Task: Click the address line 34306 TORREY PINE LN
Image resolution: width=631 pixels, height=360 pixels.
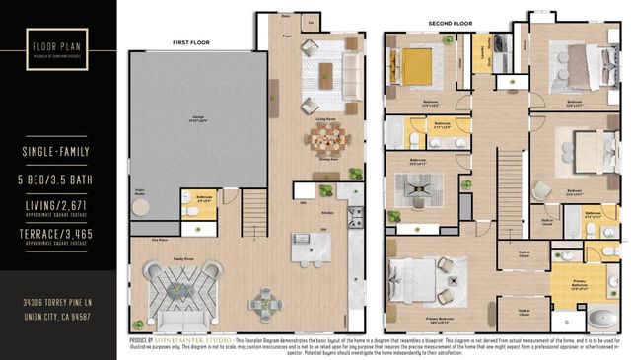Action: pos(56,302)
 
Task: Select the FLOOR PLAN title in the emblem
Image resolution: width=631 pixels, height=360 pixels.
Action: pos(56,45)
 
